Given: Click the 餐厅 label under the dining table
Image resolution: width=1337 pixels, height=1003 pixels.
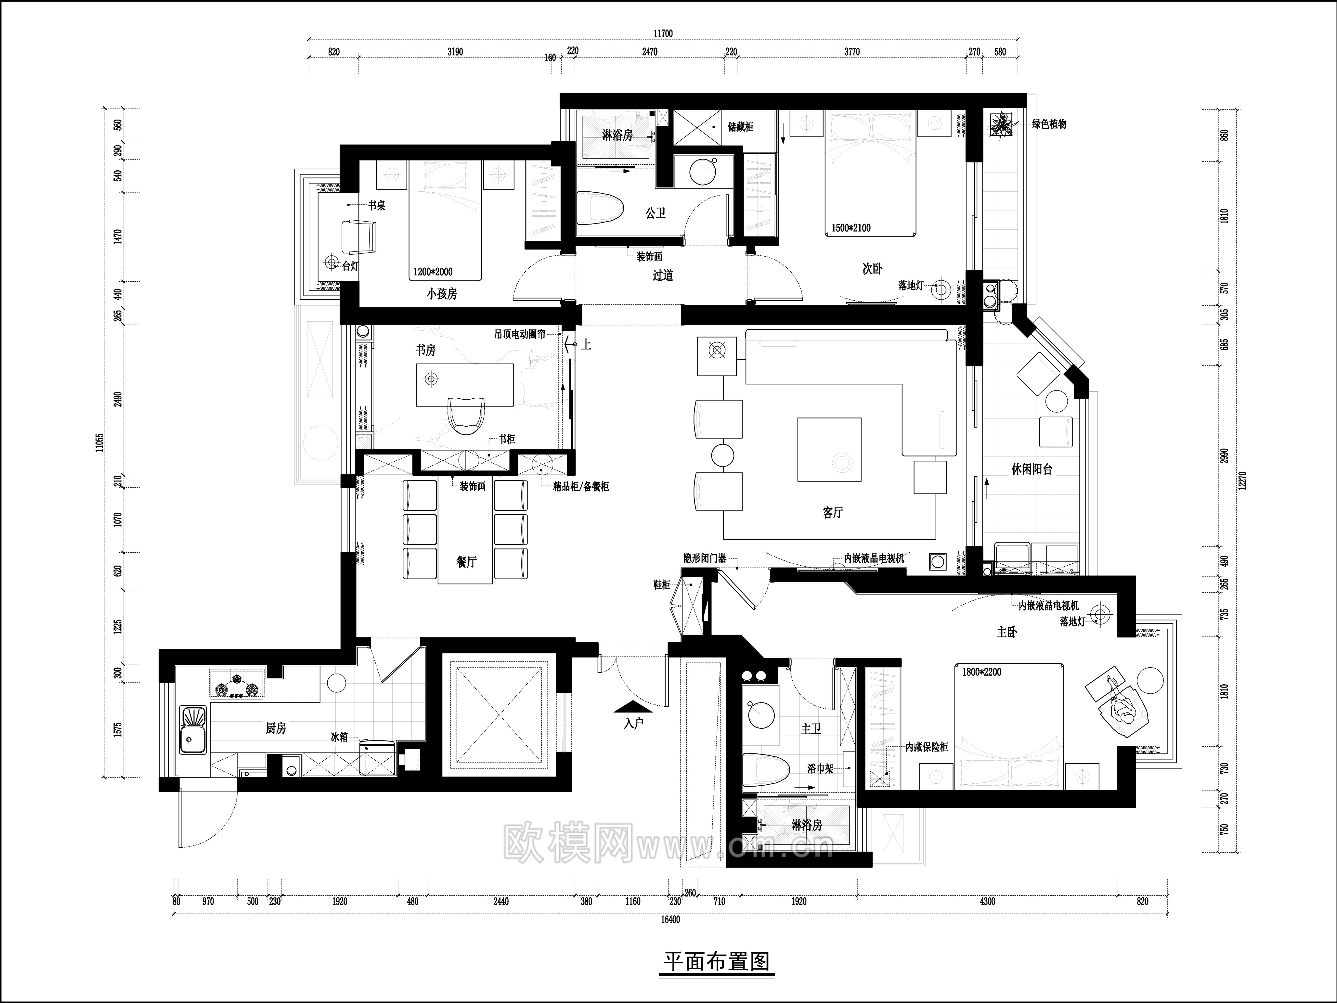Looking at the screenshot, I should (x=466, y=562).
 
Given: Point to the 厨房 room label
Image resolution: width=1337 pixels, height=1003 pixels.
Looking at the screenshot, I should (x=276, y=729).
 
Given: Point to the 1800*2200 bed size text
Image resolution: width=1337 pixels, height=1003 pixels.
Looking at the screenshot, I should (x=977, y=671).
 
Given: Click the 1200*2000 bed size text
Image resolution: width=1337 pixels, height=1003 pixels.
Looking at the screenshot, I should (x=433, y=272).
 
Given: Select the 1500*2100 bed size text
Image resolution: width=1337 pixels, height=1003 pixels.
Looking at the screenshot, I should (x=851, y=228).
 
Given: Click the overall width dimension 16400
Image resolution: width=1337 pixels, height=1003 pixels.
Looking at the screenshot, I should (x=670, y=919).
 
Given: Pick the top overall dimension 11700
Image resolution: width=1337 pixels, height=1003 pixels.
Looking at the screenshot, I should (x=663, y=34).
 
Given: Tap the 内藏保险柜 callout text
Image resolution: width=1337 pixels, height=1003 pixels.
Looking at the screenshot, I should (x=927, y=747).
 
